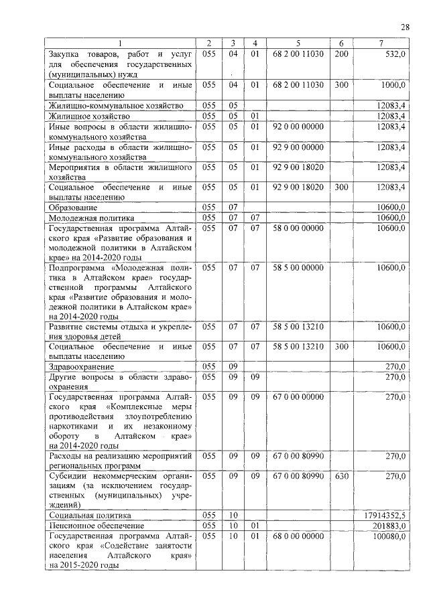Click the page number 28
click(x=405, y=27)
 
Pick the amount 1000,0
click(x=392, y=86)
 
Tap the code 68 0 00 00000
click(x=298, y=536)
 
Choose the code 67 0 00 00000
click(x=298, y=397)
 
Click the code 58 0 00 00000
click(x=298, y=228)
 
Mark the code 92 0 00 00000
click(x=298, y=126)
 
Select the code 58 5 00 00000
click(x=298, y=268)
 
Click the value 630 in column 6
click(x=341, y=476)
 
